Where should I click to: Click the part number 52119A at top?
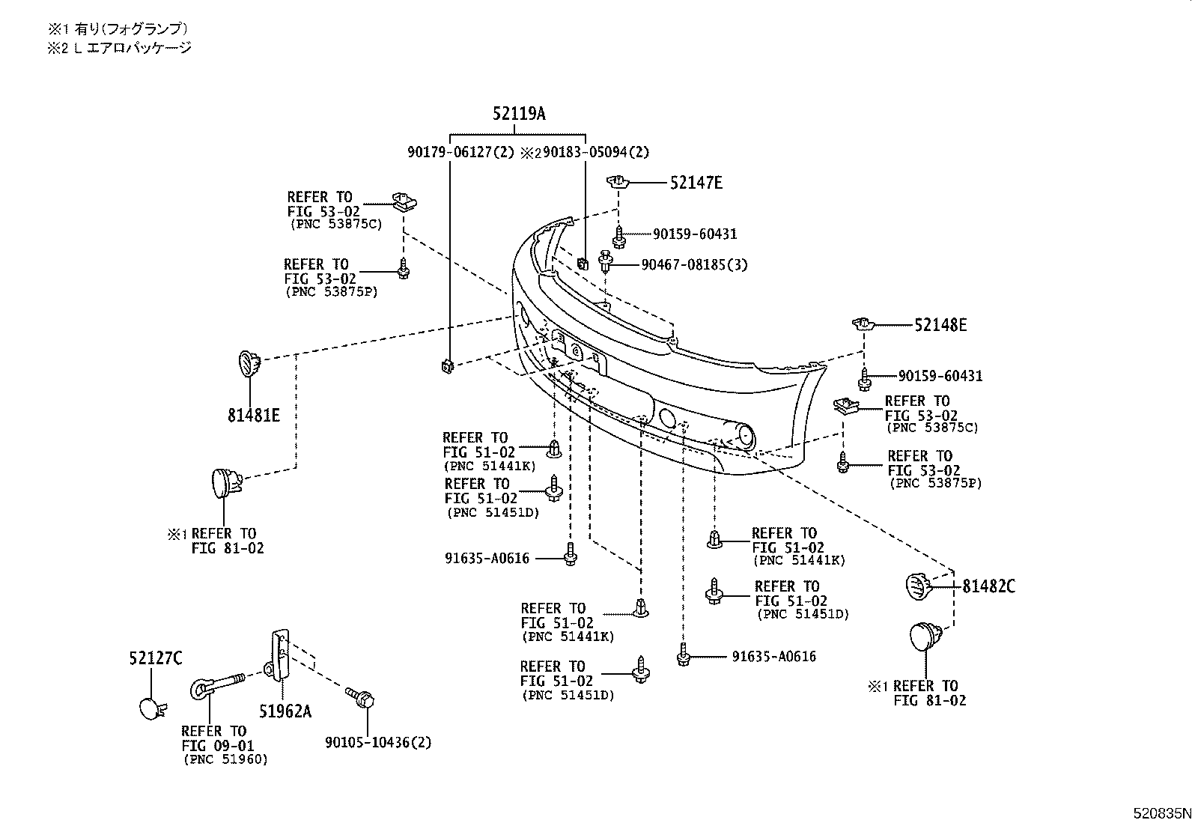(519, 114)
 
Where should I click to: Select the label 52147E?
(696, 183)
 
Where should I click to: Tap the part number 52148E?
(940, 325)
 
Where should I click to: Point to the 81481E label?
(254, 414)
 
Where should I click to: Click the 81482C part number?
(988, 586)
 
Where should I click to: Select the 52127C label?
(156, 658)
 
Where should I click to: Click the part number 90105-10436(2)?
(378, 742)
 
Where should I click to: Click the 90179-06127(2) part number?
(461, 152)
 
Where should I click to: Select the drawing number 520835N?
(1160, 813)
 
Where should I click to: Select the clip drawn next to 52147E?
(617, 182)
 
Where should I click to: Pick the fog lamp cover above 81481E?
(249, 364)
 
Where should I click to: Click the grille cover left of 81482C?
(916, 586)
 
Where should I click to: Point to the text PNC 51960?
(225, 759)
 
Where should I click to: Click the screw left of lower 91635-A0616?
(682, 655)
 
